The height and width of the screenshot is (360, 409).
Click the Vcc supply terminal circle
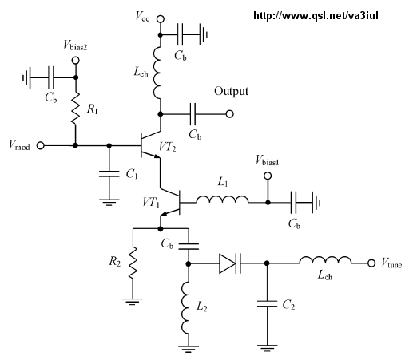pyautogui.click(x=161, y=19)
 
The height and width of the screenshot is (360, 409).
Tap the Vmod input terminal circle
pyautogui.click(x=40, y=145)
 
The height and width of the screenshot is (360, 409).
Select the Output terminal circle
pyautogui.click(x=229, y=114)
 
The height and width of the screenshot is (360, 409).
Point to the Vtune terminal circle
pyautogui.click(x=371, y=263)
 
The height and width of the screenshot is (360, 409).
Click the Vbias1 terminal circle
pyautogui.click(x=268, y=176)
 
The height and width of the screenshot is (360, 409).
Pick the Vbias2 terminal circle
pyautogui.click(x=76, y=61)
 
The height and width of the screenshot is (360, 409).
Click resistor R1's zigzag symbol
pyautogui.click(x=75, y=108)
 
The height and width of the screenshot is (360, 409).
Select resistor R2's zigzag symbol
pyautogui.click(x=133, y=263)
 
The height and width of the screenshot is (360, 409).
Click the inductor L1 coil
pyautogui.click(x=222, y=200)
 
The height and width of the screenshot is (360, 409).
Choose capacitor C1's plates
pyautogui.click(x=109, y=174)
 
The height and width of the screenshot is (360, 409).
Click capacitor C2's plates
pyautogui.click(x=267, y=303)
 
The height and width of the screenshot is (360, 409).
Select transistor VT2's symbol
pyautogui.click(x=150, y=144)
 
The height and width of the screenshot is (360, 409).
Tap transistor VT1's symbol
pyautogui.click(x=170, y=203)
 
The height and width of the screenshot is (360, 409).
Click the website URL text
pyautogui.click(x=316, y=16)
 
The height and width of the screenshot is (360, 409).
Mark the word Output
pyautogui.click(x=231, y=91)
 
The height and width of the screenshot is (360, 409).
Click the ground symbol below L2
pyautogui.click(x=189, y=349)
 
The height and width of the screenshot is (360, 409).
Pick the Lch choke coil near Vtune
pyautogui.click(x=325, y=260)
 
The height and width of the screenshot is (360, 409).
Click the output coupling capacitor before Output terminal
pyautogui.click(x=193, y=114)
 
